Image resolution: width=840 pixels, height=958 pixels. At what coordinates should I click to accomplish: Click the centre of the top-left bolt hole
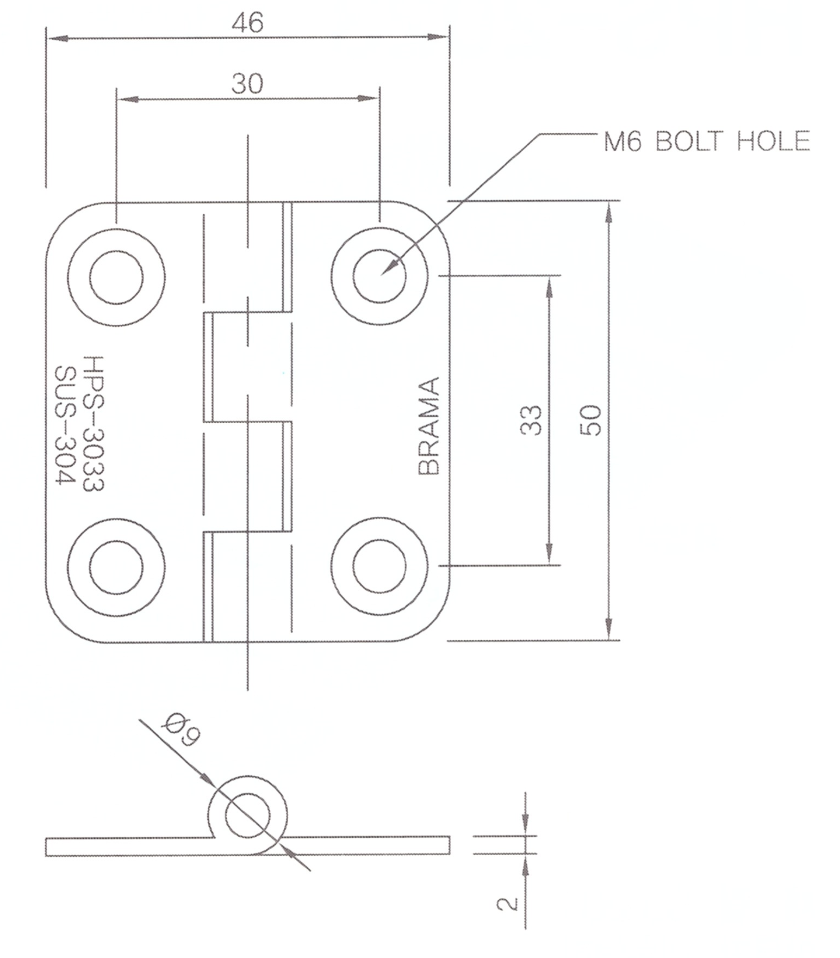[x=116, y=277]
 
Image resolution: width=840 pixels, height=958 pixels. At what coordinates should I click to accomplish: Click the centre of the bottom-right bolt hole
[x=379, y=566]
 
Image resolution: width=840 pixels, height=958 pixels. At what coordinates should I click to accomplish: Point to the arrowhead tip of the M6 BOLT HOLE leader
[x=382, y=274]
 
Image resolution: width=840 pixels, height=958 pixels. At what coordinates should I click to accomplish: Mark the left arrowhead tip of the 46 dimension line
[x=47, y=39]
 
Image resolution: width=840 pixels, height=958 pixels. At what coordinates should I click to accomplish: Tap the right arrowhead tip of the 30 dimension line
[x=378, y=98]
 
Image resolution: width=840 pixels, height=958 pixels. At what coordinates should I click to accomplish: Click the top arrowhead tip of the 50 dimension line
[x=609, y=202]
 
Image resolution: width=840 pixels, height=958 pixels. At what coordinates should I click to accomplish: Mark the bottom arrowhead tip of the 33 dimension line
[x=549, y=564]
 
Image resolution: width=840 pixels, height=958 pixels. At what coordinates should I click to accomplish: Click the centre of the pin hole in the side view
[x=247, y=815]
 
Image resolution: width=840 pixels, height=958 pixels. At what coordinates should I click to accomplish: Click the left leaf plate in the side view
[x=130, y=847]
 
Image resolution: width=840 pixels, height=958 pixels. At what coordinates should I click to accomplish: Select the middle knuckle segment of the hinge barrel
[x=247, y=367]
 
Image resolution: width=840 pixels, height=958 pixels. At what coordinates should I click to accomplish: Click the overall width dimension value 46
[x=247, y=23]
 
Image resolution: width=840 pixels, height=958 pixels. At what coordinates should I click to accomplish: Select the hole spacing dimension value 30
[x=247, y=84]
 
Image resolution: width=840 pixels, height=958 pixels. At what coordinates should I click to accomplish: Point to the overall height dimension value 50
[x=591, y=421]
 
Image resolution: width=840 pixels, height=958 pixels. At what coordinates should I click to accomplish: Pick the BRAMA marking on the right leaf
[x=429, y=426]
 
